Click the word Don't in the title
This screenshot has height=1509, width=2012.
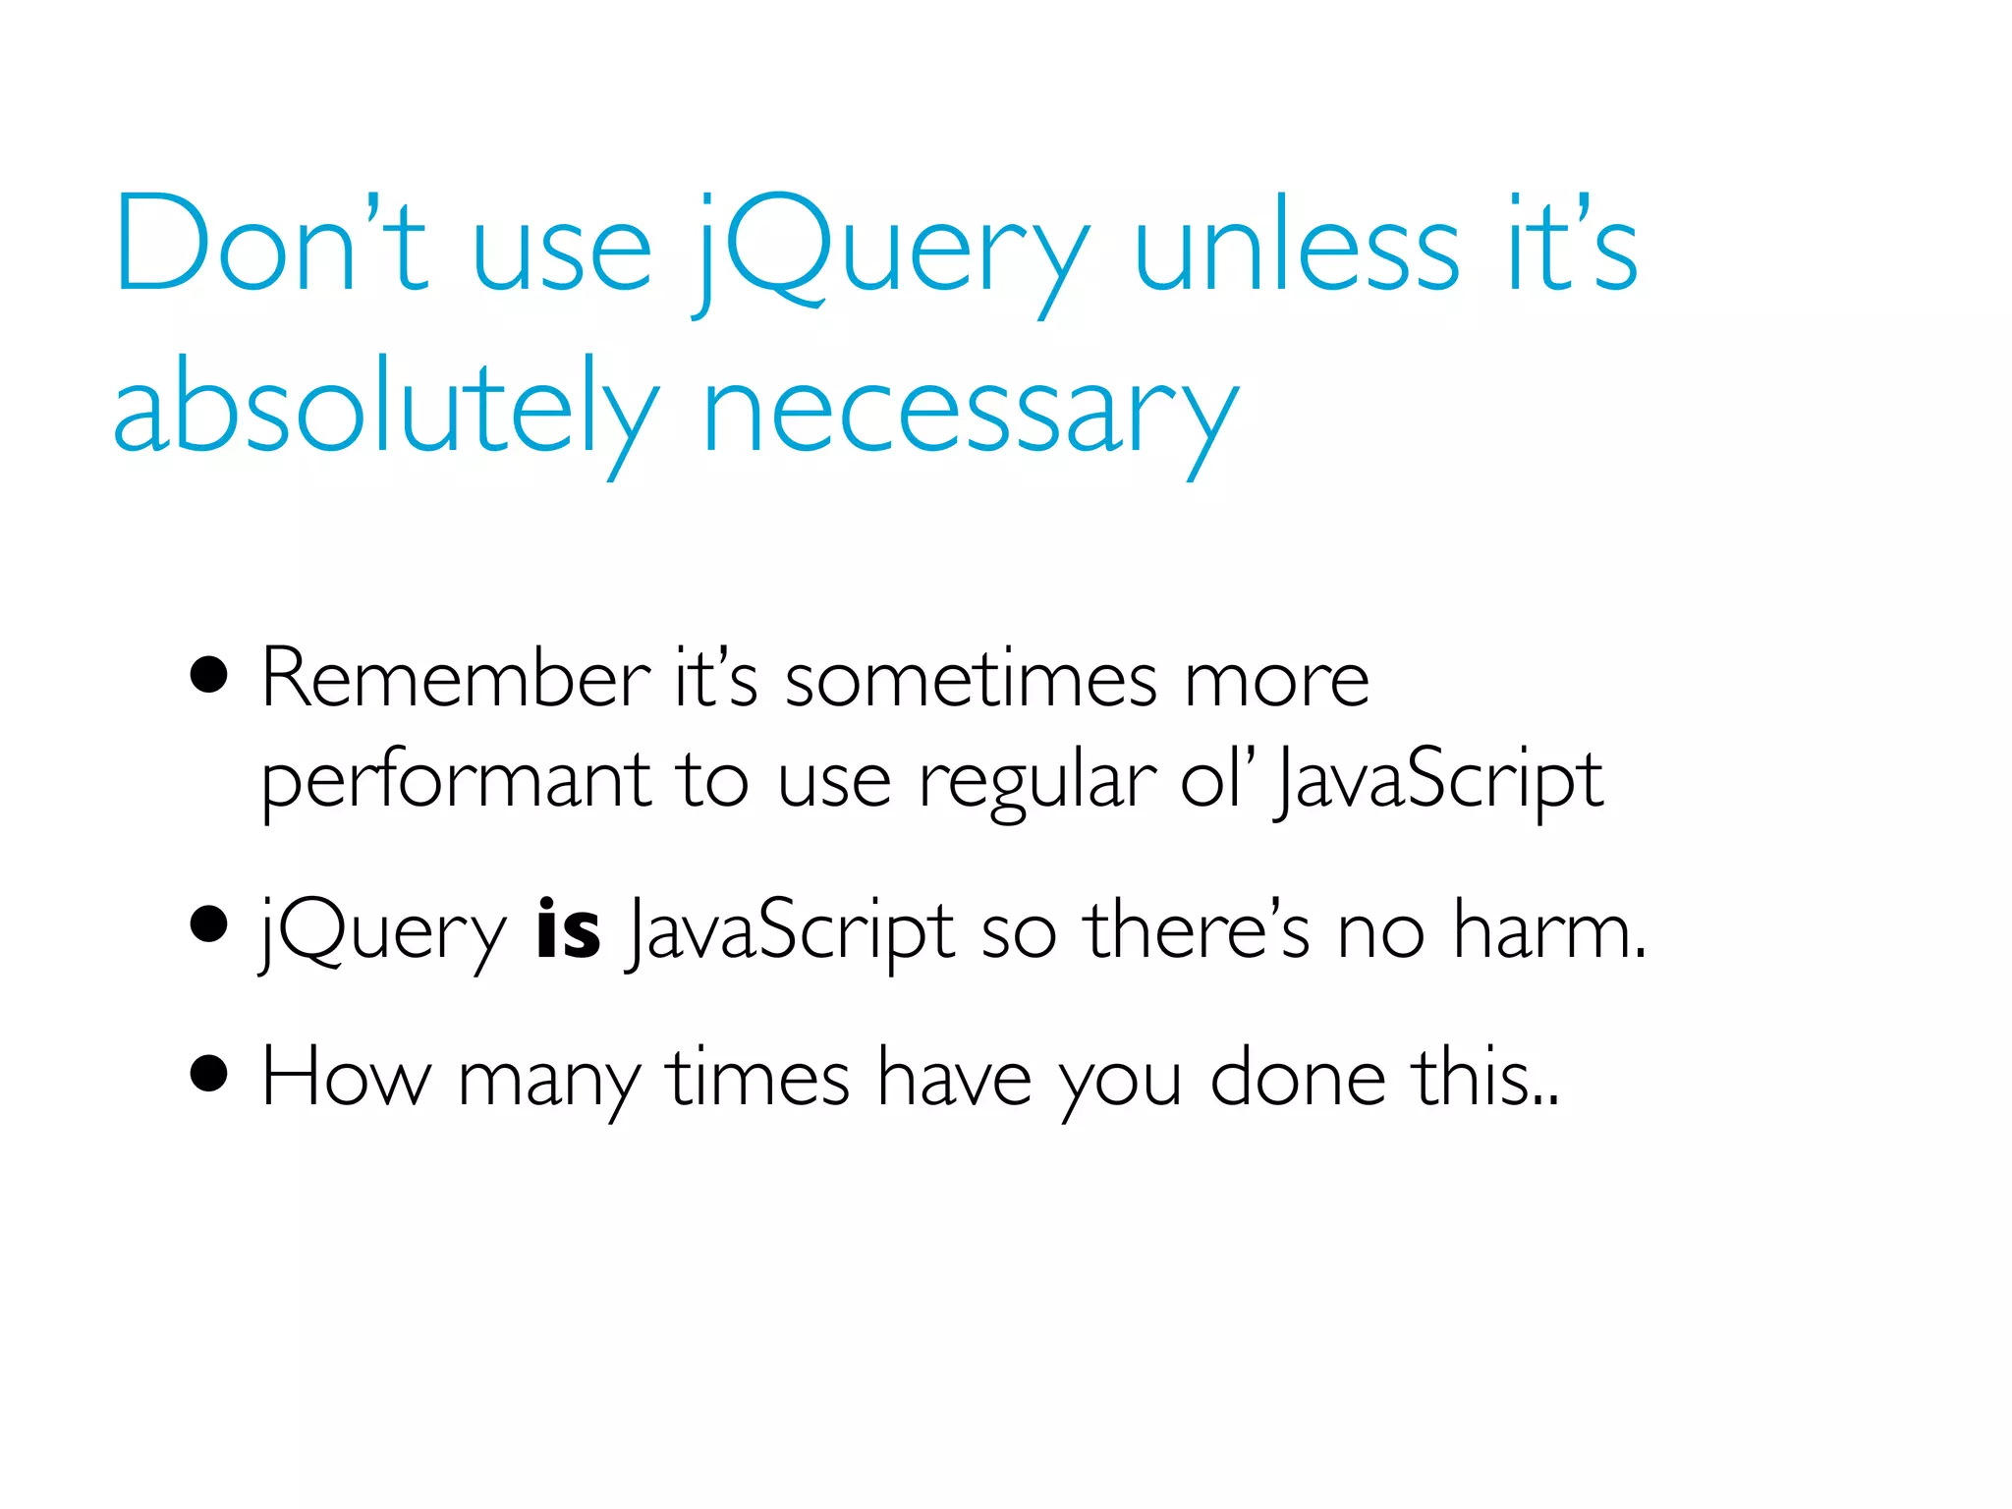pyautogui.click(x=270, y=244)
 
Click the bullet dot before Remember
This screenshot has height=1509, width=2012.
pyautogui.click(x=209, y=676)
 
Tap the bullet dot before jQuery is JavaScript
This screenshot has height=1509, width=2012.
pyautogui.click(x=209, y=924)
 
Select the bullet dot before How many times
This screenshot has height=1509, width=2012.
pyautogui.click(x=209, y=1074)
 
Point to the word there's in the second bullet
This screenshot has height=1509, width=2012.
pyautogui.click(x=1196, y=929)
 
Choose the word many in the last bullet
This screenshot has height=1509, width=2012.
pyautogui.click(x=548, y=1081)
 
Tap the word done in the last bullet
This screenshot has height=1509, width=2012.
pyautogui.click(x=1298, y=1078)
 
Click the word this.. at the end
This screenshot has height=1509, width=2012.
pyautogui.click(x=1484, y=1078)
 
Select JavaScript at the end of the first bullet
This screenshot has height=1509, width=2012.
pyautogui.click(x=1439, y=781)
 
